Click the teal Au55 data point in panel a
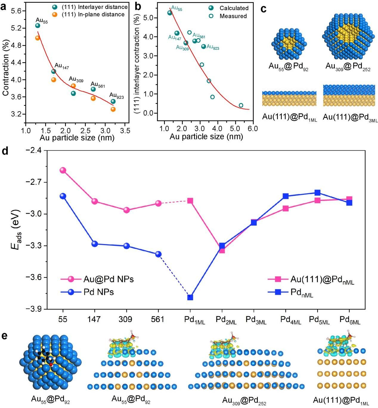pos(38,26)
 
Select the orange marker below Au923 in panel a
pos(113,109)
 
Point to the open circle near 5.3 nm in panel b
pos(241,105)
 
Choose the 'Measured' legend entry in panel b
pos(233,16)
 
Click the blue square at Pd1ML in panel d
pos(190,297)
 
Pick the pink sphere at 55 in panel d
pos(63,170)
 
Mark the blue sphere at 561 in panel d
pos(158,254)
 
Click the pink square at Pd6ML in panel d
pos(349,199)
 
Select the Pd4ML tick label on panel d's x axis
pos(291,320)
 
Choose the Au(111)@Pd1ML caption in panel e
pos(341,401)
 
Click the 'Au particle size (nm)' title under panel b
pos(206,137)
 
